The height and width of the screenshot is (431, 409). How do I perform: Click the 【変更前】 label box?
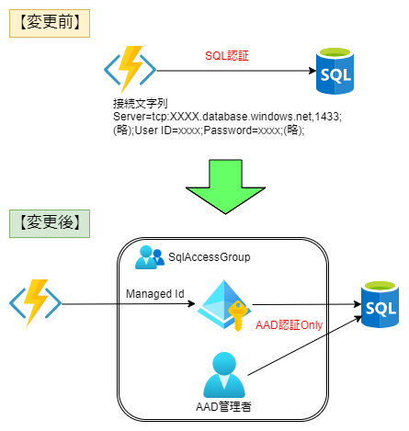coord(50,23)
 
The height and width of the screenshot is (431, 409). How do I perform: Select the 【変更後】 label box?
coord(50,223)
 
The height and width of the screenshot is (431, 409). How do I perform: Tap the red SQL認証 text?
coord(227,56)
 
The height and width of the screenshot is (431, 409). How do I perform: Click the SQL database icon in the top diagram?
coord(335,71)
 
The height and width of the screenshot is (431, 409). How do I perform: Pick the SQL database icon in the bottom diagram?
coord(380,304)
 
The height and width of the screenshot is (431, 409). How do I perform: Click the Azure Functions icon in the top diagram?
coord(131,70)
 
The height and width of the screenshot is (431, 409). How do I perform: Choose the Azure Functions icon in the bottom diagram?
coord(36,303)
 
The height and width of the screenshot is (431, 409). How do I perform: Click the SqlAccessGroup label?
coord(210,257)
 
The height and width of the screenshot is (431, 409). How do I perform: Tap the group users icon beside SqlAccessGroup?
coord(150,257)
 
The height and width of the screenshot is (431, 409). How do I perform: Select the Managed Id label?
coord(155,294)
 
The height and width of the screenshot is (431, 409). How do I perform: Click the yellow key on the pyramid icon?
coord(238,315)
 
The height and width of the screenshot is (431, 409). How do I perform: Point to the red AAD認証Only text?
coord(289,325)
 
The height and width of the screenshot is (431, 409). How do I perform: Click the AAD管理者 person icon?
coord(224,375)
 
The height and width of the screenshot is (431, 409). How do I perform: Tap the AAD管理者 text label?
coord(223,407)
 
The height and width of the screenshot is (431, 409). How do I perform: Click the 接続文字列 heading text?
coord(141,104)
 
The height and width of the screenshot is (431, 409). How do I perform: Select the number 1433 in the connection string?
coord(327,117)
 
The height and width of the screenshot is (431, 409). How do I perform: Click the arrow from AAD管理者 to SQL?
coord(305,346)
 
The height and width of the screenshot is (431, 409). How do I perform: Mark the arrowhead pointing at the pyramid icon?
coord(191,304)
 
